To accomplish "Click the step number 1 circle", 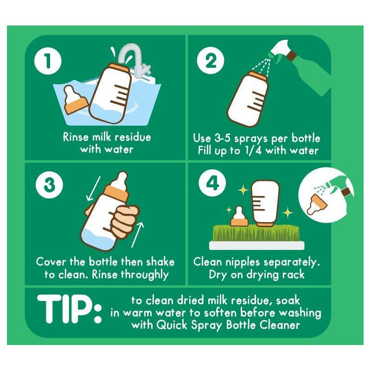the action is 48,61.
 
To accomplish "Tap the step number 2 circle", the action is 211,61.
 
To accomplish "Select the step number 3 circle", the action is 49,185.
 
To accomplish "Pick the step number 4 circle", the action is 212,183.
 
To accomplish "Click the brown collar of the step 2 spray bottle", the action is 291,56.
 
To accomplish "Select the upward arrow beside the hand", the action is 137,234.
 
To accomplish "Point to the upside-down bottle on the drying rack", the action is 265,204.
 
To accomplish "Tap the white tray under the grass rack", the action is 257,245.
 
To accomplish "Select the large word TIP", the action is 69,309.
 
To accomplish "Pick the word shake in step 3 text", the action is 160,262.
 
